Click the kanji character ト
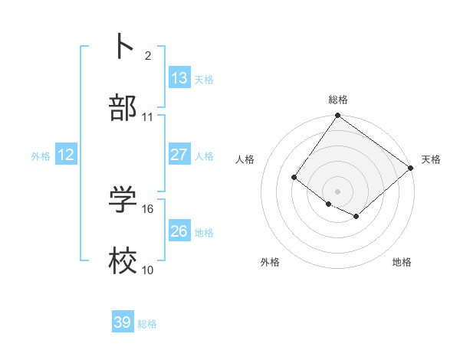coord(123,45)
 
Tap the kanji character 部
coord(123,108)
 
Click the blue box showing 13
coord(179,78)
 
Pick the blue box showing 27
coord(179,155)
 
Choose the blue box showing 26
coord(179,231)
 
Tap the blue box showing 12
coord(65,155)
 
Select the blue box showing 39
coord(122,323)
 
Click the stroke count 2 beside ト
coord(148,55)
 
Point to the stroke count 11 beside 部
coord(148,117)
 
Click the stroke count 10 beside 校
coord(148,270)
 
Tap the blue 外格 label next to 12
coord(41,156)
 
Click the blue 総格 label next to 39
coord(147,324)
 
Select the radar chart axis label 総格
coord(338,100)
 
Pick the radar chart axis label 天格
coord(431,159)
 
